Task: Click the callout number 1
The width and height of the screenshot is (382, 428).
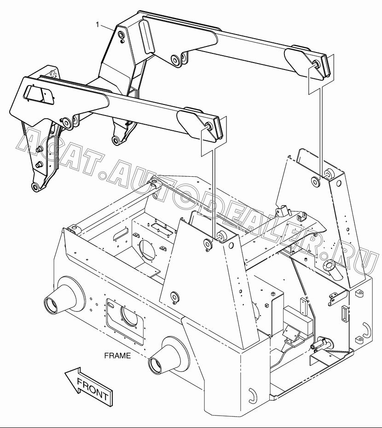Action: click(x=98, y=25)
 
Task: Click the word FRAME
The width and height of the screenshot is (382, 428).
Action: click(x=118, y=356)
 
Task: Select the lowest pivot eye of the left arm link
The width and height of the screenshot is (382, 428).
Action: click(x=35, y=187)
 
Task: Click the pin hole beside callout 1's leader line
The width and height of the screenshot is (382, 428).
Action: click(x=121, y=35)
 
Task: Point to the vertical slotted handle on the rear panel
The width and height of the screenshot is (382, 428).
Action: click(x=345, y=313)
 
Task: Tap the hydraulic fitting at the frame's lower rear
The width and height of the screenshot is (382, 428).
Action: click(x=322, y=343)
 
